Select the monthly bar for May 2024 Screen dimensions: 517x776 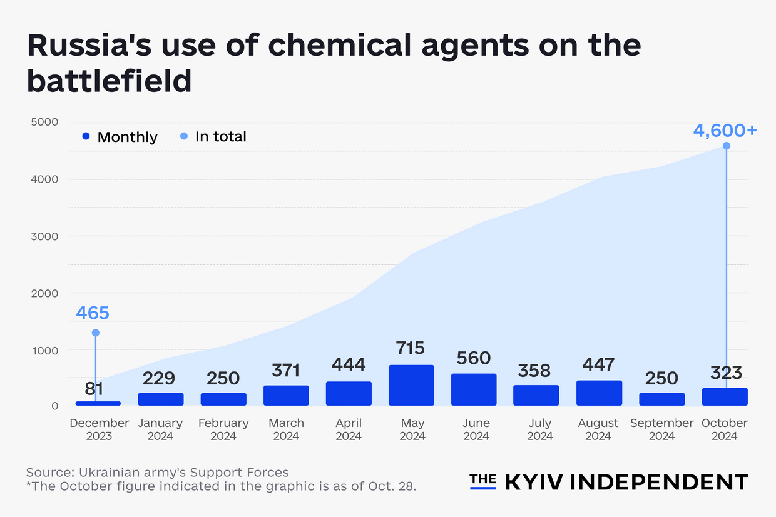411,385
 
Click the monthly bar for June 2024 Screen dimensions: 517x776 474,389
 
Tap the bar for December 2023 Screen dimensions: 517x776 98,403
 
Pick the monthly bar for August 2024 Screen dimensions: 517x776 599,393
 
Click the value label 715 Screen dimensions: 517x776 411,348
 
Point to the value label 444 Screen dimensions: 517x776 349,364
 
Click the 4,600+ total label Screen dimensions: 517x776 725,131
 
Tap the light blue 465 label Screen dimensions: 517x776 93,313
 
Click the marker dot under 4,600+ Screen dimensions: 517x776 726,146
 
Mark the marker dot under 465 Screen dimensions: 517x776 95,333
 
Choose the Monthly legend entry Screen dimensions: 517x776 120,137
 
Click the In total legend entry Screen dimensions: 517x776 213,136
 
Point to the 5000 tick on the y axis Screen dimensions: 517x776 44,122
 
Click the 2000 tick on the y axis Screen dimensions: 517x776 44,293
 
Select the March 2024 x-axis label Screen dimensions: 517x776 286,429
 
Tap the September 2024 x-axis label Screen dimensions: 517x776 661,429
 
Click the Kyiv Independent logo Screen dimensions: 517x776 608,481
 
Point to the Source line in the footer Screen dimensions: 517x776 157,472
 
